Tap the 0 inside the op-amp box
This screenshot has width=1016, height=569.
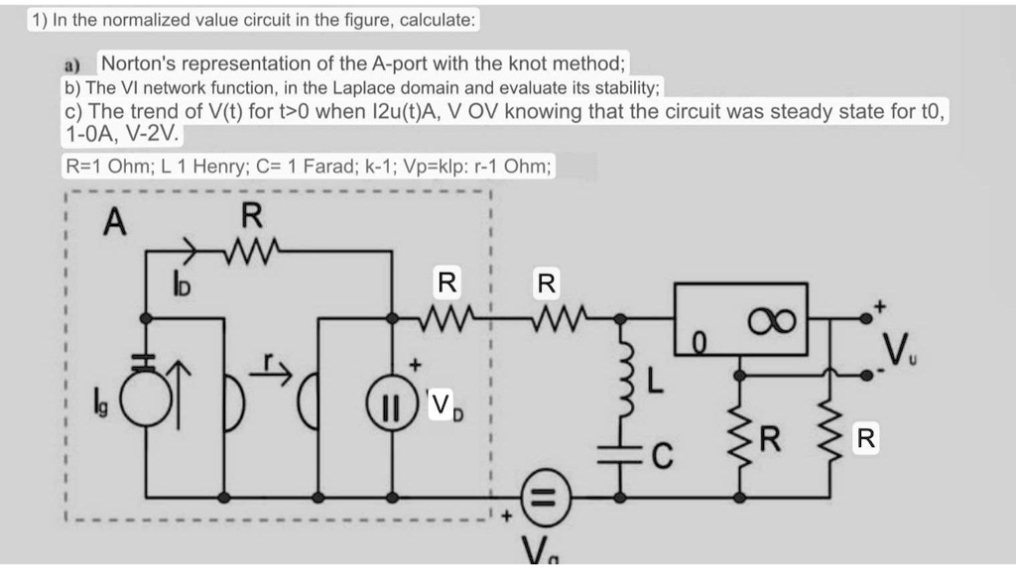tap(698, 344)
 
